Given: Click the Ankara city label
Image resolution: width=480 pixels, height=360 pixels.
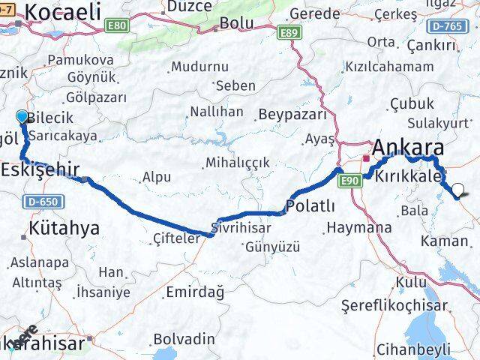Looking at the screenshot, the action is click(408, 146).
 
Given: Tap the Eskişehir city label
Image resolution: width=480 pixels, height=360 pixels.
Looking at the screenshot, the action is click(40, 169).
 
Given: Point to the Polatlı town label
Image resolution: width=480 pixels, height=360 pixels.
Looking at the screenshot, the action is click(310, 205).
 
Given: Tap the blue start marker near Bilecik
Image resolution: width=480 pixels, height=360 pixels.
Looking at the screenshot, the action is click(22, 116).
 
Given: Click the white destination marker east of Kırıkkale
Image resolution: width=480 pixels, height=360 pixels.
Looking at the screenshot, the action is click(457, 189).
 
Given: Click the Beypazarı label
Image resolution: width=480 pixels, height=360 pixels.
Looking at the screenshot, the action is click(292, 115).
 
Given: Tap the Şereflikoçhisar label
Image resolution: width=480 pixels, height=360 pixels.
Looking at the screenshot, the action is click(394, 305).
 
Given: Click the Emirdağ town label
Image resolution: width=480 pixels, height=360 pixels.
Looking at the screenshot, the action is click(194, 292).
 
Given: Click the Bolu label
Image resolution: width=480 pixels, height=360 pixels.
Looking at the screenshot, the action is click(236, 23).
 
